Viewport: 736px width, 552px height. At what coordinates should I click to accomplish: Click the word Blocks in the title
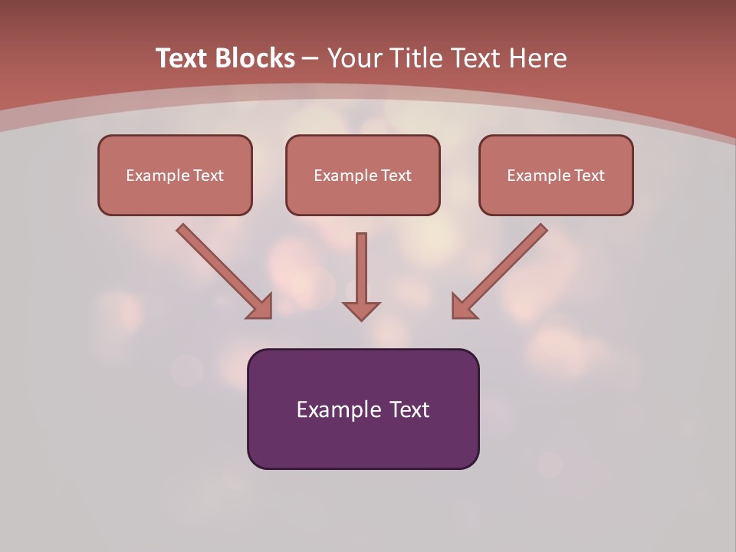255,58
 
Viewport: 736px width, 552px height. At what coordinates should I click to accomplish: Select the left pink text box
175,175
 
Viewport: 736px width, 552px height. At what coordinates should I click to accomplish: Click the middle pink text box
363,175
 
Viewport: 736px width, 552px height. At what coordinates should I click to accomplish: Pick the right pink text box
557,175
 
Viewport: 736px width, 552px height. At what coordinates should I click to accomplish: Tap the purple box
363,409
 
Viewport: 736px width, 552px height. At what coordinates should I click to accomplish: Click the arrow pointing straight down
361,277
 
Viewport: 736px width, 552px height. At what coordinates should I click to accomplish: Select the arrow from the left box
225,271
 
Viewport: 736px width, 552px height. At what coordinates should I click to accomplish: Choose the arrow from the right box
499,271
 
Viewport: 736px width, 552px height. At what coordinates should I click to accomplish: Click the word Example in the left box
156,176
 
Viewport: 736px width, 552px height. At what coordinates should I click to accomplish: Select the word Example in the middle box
344,176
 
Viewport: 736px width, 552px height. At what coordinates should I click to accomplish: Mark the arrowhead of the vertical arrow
361,311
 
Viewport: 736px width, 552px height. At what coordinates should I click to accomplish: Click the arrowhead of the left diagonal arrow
262,309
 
